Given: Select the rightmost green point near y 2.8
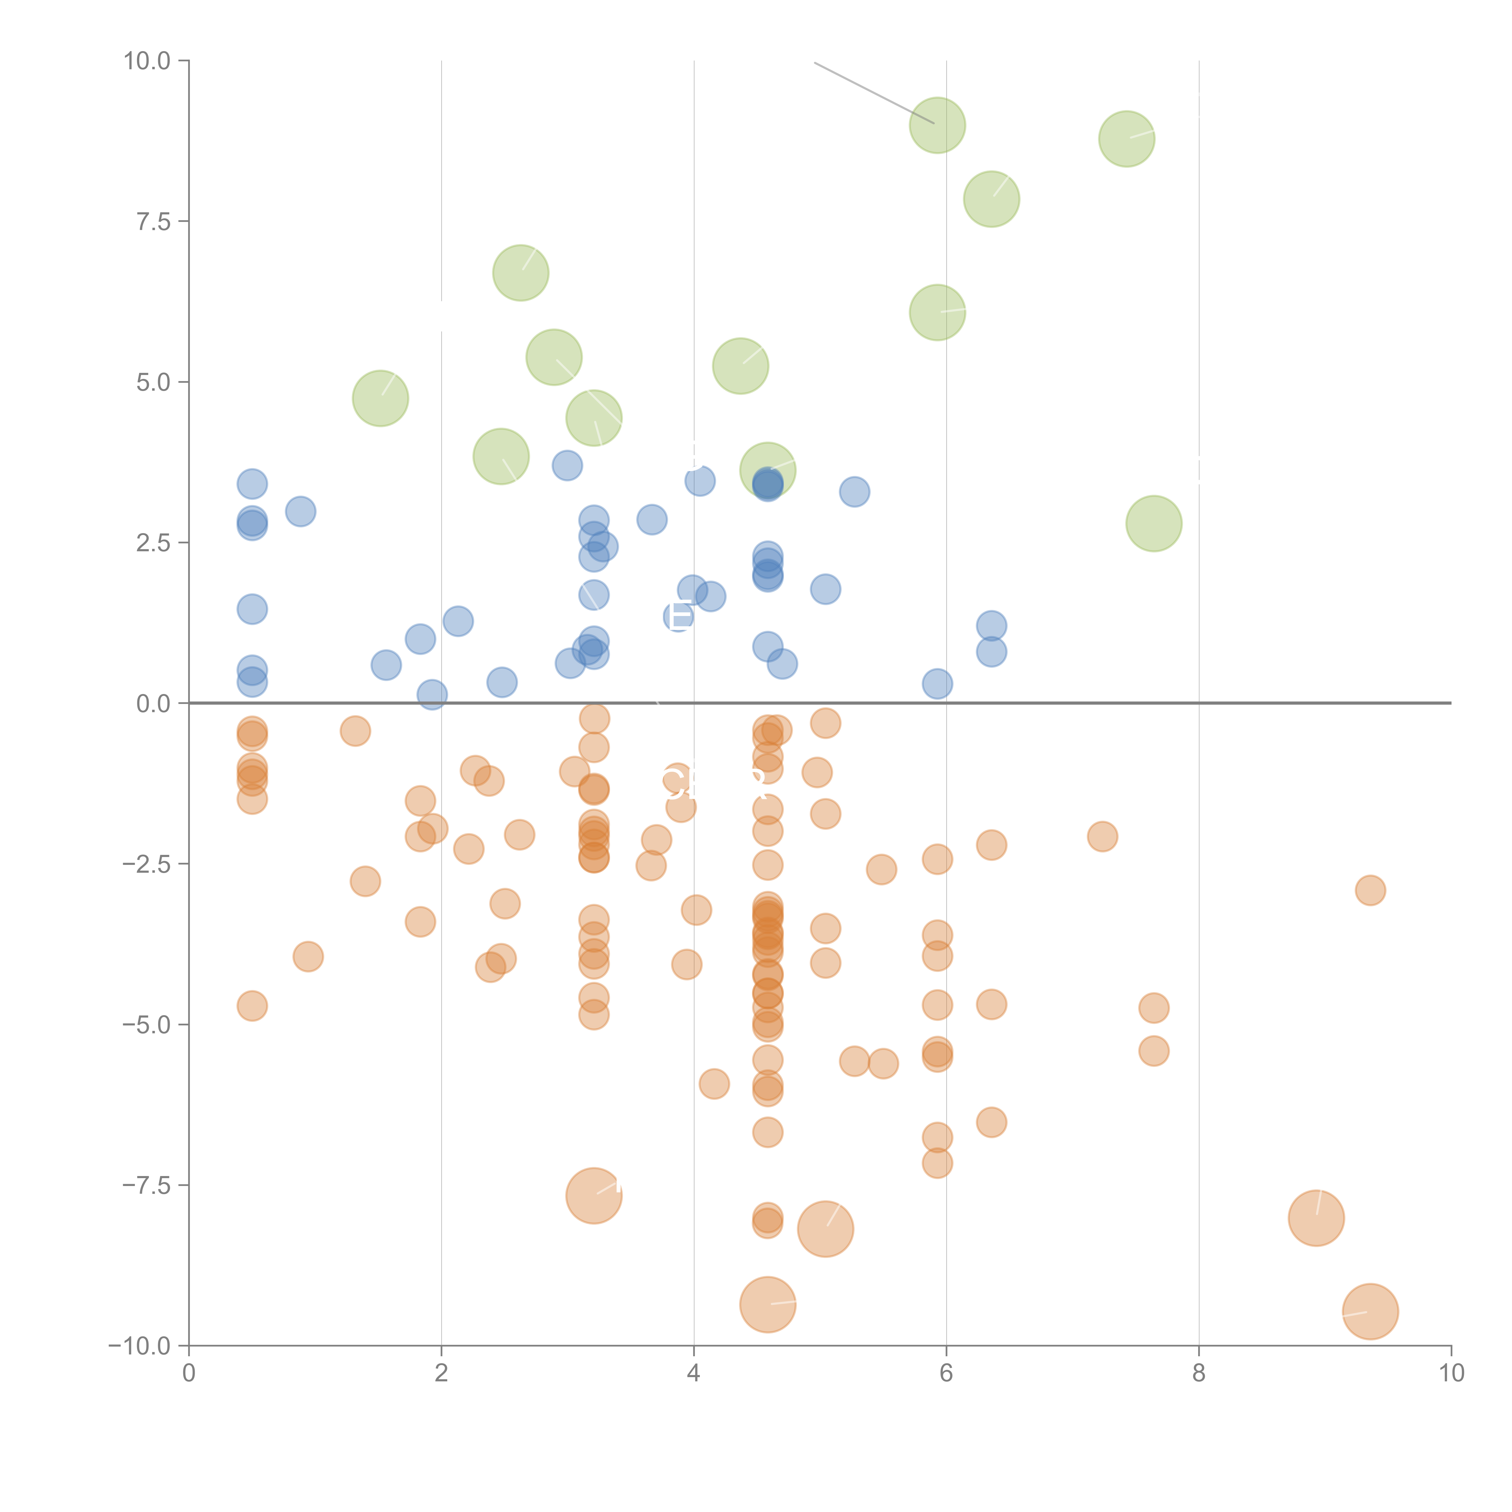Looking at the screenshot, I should (1154, 523).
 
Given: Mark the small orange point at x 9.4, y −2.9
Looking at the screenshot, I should (1370, 890).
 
